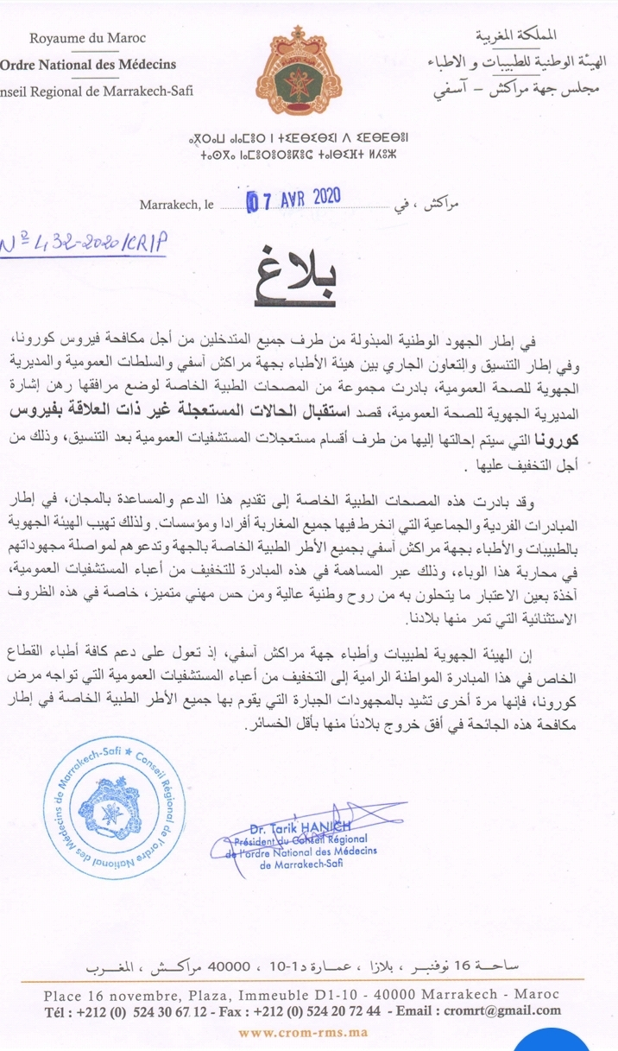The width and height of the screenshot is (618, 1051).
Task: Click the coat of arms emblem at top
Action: tap(309, 60)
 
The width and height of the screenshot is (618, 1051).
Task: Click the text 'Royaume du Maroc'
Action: tap(87, 38)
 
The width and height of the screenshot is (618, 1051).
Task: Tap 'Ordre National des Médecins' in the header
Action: tap(88, 64)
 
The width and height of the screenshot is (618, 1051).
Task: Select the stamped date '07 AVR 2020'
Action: tap(293, 199)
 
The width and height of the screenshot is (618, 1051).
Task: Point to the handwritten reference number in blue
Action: tap(85, 243)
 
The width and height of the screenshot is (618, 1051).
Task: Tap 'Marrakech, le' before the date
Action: tap(177, 206)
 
